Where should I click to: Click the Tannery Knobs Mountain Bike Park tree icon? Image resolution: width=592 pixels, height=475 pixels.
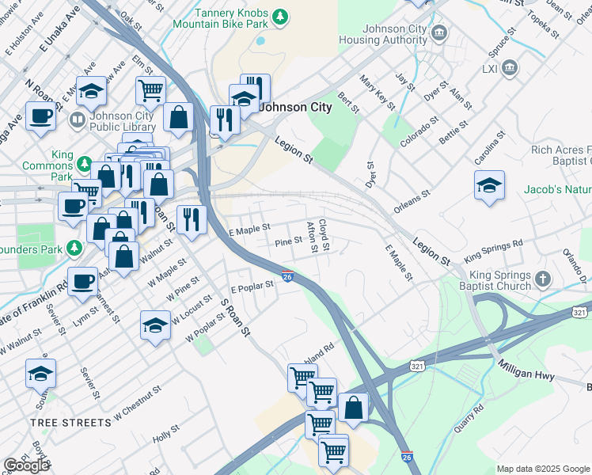(279, 17)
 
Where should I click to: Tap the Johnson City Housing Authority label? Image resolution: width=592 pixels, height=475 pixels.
(383, 35)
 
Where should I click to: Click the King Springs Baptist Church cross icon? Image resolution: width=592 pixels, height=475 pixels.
(542, 279)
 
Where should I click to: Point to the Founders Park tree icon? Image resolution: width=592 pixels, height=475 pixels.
(74, 248)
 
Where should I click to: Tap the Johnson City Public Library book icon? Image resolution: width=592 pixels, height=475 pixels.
(77, 120)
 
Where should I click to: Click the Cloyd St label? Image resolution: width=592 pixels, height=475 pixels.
(324, 236)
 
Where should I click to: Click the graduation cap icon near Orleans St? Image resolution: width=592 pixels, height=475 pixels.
(489, 186)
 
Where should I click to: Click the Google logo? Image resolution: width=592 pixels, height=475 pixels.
(26, 465)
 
